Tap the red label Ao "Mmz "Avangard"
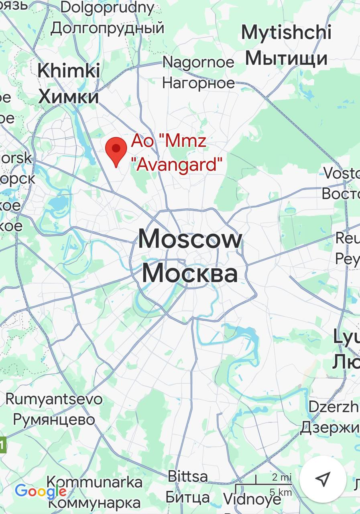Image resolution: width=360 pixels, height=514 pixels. pyautogui.click(x=177, y=153)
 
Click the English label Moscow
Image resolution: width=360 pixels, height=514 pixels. pyautogui.click(x=190, y=239)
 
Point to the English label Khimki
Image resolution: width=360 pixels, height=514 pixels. pyautogui.click(x=69, y=71)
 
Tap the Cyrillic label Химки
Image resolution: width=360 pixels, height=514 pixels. pyautogui.click(x=69, y=97)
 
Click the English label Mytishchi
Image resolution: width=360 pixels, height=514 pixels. pyautogui.click(x=286, y=33)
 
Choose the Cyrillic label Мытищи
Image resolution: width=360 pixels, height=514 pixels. pyautogui.click(x=286, y=58)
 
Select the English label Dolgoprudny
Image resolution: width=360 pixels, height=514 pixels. pyautogui.click(x=108, y=7)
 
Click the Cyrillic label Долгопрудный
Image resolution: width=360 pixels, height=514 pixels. pyautogui.click(x=108, y=28)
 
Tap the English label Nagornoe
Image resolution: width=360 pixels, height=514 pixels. pyautogui.click(x=198, y=62)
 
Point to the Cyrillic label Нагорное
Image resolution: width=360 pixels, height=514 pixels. pyautogui.click(x=198, y=83)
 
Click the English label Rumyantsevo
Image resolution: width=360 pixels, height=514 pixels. pyautogui.click(x=54, y=399)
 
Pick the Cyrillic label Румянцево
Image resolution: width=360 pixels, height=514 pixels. pyautogui.click(x=54, y=420)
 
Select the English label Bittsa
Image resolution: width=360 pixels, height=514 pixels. pyautogui.click(x=188, y=477)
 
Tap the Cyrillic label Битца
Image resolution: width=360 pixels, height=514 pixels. pyautogui.click(x=188, y=498)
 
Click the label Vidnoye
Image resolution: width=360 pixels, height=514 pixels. pyautogui.click(x=252, y=499)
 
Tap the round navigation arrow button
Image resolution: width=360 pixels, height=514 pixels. pyautogui.click(x=323, y=479)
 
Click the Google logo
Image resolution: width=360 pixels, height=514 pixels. pyautogui.click(x=40, y=491)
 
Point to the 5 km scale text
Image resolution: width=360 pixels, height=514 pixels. pyautogui.click(x=280, y=492)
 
